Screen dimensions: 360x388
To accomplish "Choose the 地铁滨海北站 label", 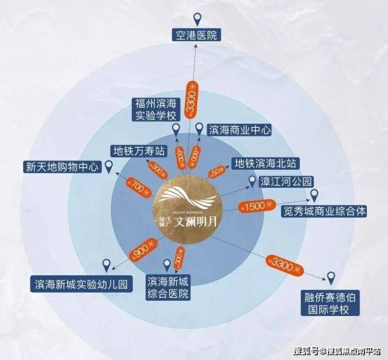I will [x=267, y=163].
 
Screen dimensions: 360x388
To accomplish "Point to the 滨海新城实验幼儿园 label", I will [x=80, y=284].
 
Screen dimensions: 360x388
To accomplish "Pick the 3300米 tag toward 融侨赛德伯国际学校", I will [x=284, y=265].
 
